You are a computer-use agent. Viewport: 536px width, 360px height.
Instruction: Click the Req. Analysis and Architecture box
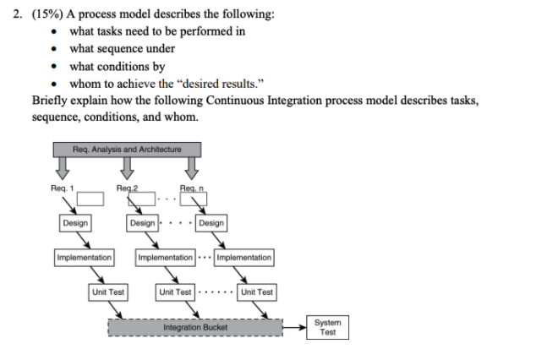tap(127, 150)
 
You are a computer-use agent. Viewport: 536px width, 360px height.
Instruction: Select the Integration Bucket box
tap(194, 326)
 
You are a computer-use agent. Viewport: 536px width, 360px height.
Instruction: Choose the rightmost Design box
tap(211, 223)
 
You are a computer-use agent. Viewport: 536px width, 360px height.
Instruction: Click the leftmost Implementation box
tap(84, 257)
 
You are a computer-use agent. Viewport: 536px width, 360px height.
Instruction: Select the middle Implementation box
tap(165, 257)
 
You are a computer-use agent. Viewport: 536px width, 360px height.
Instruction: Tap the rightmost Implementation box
tap(244, 257)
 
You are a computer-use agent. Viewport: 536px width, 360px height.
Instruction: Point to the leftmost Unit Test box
tap(108, 292)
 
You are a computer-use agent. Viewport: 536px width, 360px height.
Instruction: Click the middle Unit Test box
tap(175, 292)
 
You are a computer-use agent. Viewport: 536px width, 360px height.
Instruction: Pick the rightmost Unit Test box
tap(256, 292)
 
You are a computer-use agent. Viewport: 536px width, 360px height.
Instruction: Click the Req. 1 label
tap(61, 188)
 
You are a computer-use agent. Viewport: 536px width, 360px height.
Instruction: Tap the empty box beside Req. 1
tap(90, 199)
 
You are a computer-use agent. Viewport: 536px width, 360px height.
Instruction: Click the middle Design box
tap(142, 223)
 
